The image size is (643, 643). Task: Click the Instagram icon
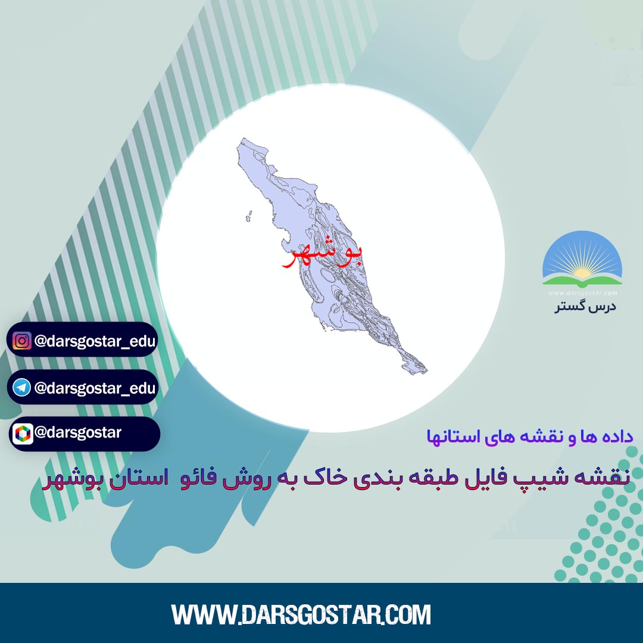coord(22,341)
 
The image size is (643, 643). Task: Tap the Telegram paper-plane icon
coord(22,388)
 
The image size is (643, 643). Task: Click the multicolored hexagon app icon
coord(23,434)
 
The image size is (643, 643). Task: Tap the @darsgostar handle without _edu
coord(78,433)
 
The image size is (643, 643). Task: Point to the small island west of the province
coord(249,216)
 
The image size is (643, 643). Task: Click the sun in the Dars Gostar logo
coord(582,272)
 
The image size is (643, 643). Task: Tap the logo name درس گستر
coord(585,307)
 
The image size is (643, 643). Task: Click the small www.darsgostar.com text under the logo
coord(583,293)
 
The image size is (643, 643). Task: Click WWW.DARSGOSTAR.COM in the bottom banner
coord(301,614)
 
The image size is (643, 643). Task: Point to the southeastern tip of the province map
coord(426,372)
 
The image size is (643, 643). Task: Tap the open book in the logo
coord(582,281)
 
